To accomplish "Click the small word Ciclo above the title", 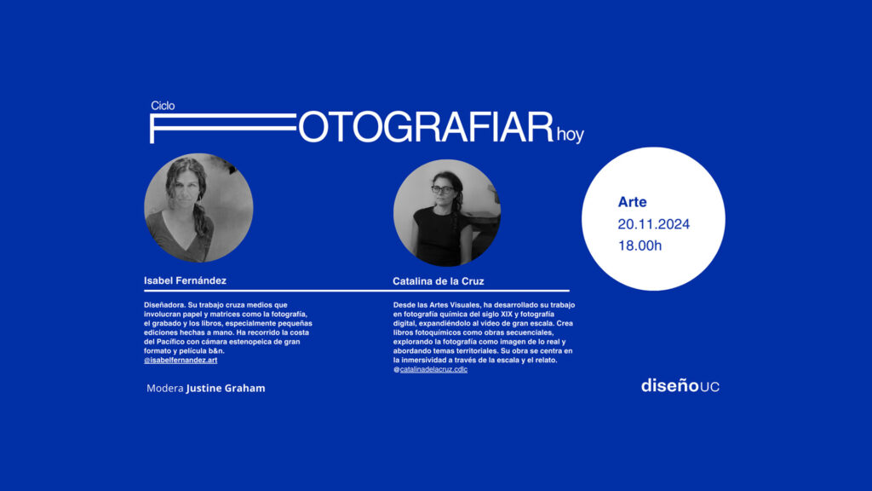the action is (163, 106).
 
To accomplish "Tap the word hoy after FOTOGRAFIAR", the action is (570, 135).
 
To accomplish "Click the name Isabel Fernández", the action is (185, 280).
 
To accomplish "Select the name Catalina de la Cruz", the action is (439, 281).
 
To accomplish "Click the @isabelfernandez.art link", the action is (181, 361).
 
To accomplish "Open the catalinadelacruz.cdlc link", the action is (433, 369).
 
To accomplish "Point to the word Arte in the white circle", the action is (633, 202).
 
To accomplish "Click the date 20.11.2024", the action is (653, 224).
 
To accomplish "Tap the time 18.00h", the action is (640, 245).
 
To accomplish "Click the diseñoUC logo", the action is (680, 385).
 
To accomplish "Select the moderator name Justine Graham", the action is (226, 388).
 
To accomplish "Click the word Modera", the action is (164, 388).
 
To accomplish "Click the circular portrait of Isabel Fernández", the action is (198, 208).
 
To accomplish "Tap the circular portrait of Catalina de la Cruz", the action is (447, 212).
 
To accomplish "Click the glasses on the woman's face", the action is (443, 190).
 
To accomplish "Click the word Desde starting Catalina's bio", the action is (404, 305).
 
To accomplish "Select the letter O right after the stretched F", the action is (313, 128).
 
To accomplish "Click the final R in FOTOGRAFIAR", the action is (539, 128).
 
